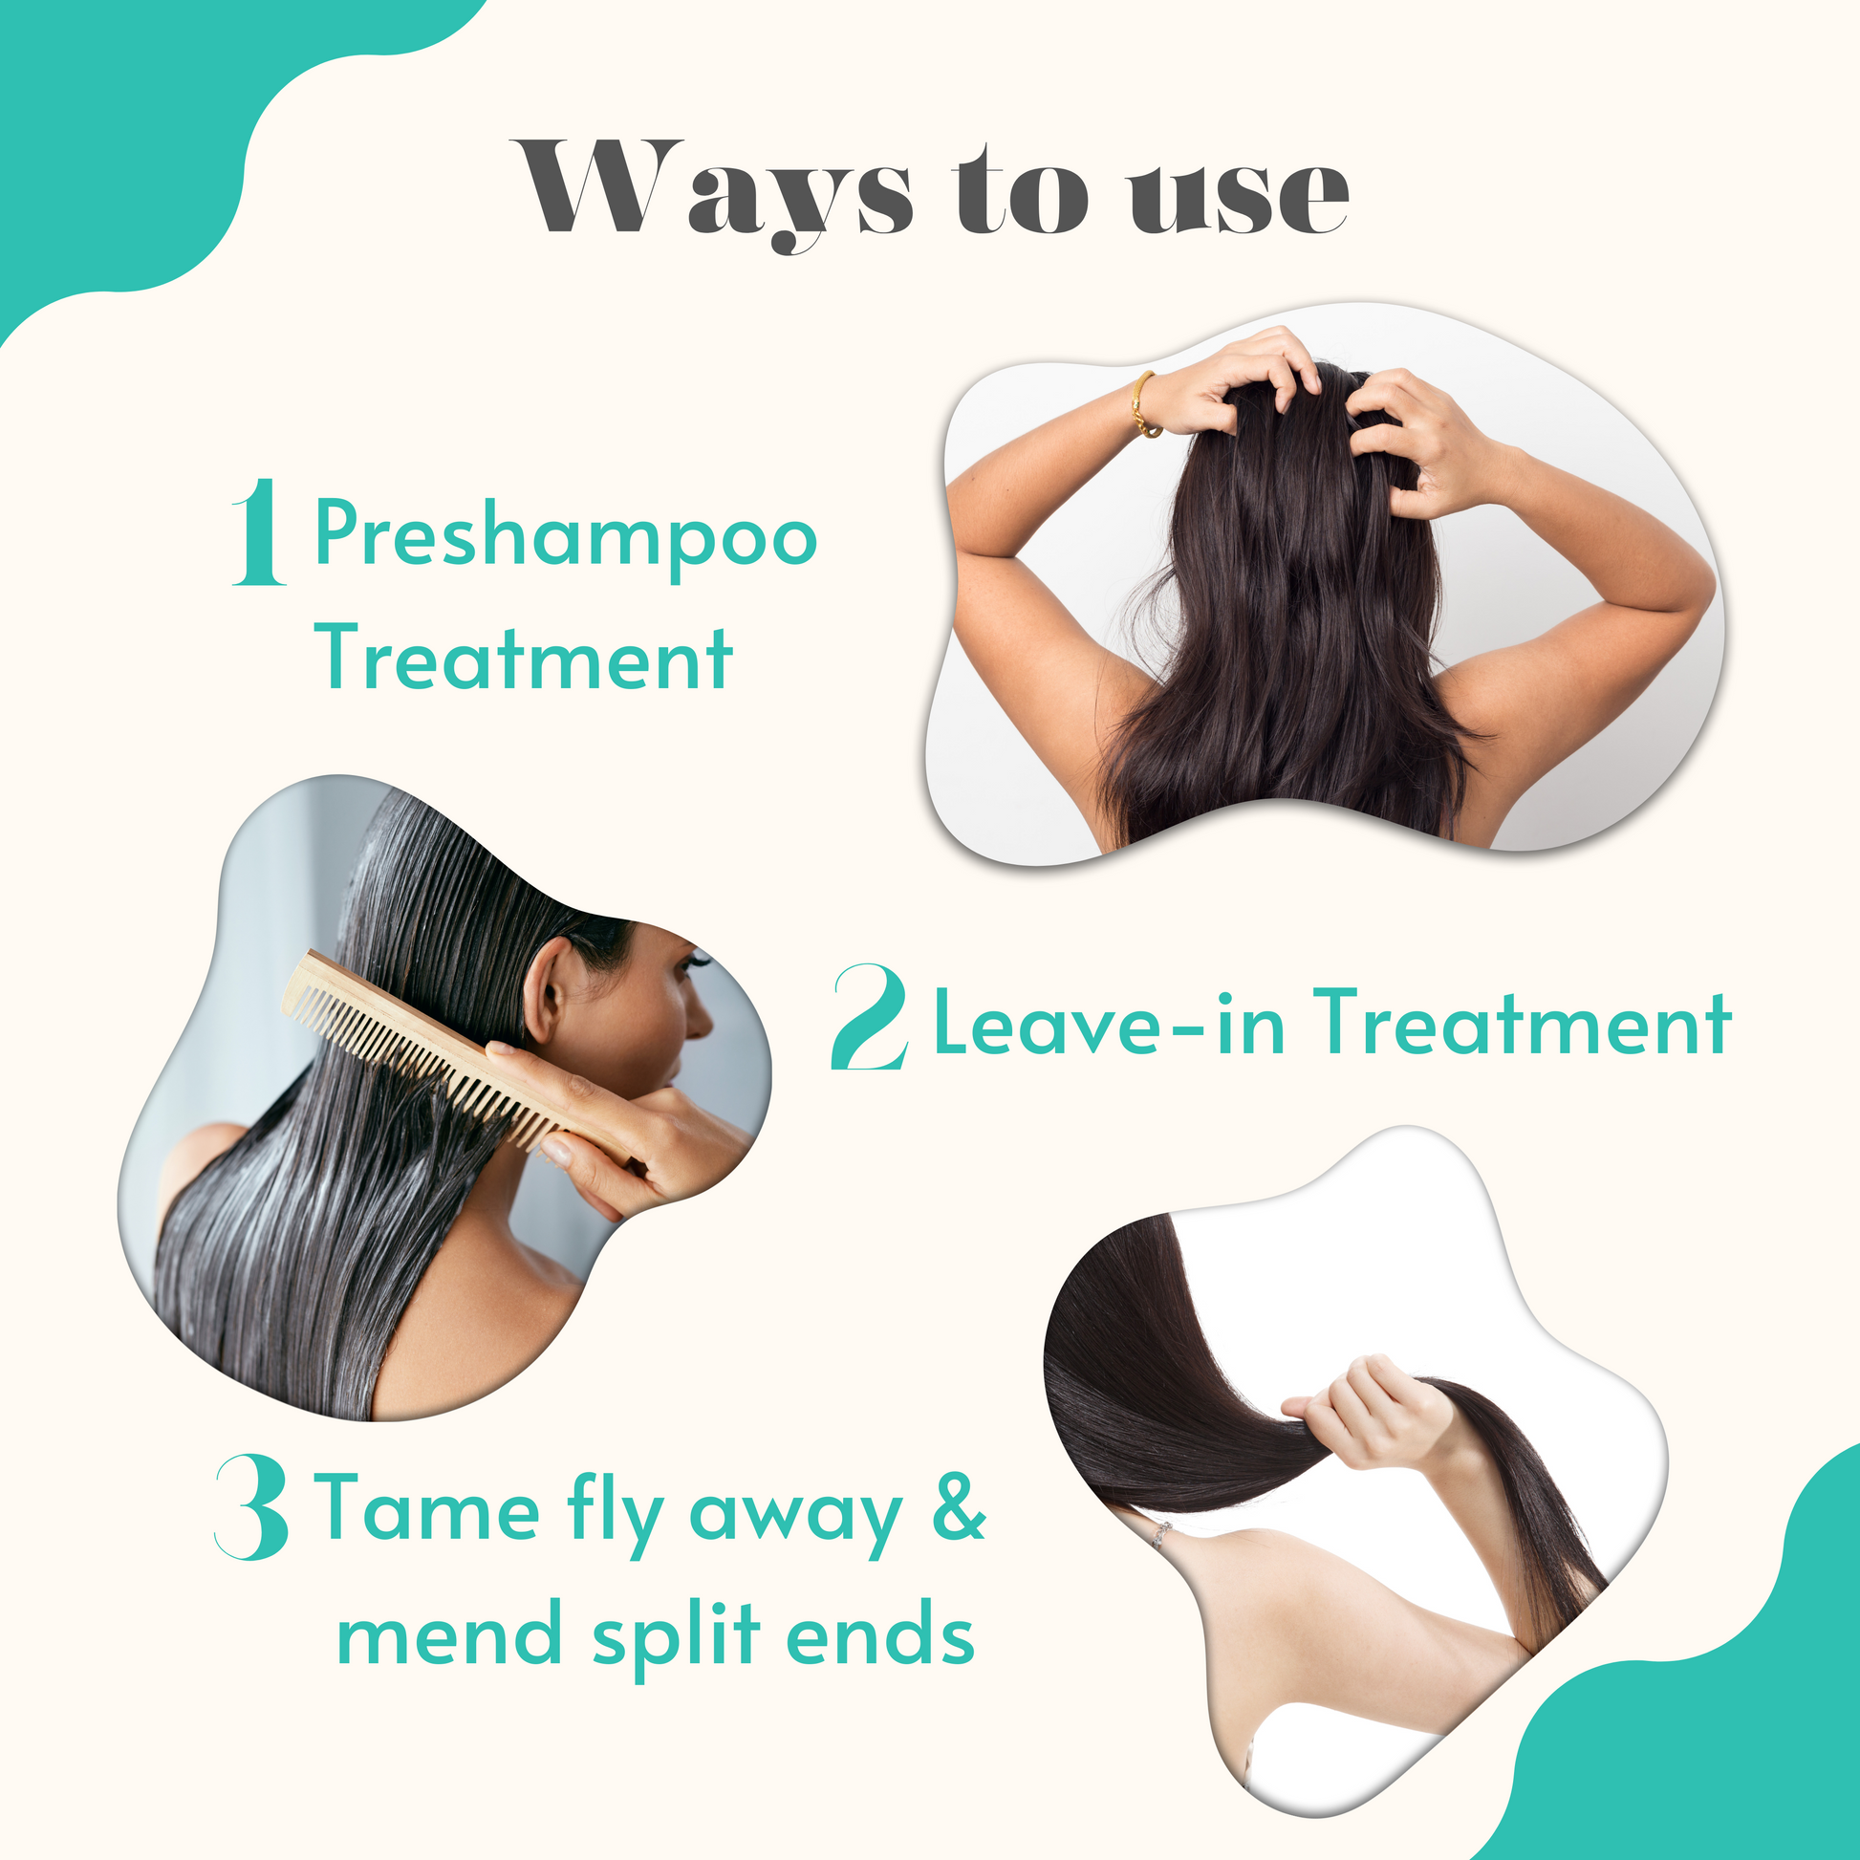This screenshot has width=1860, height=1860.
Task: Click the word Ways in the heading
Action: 713,190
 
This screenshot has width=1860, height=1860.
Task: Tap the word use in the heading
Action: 1239,196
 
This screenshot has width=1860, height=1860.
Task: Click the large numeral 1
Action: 259,531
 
